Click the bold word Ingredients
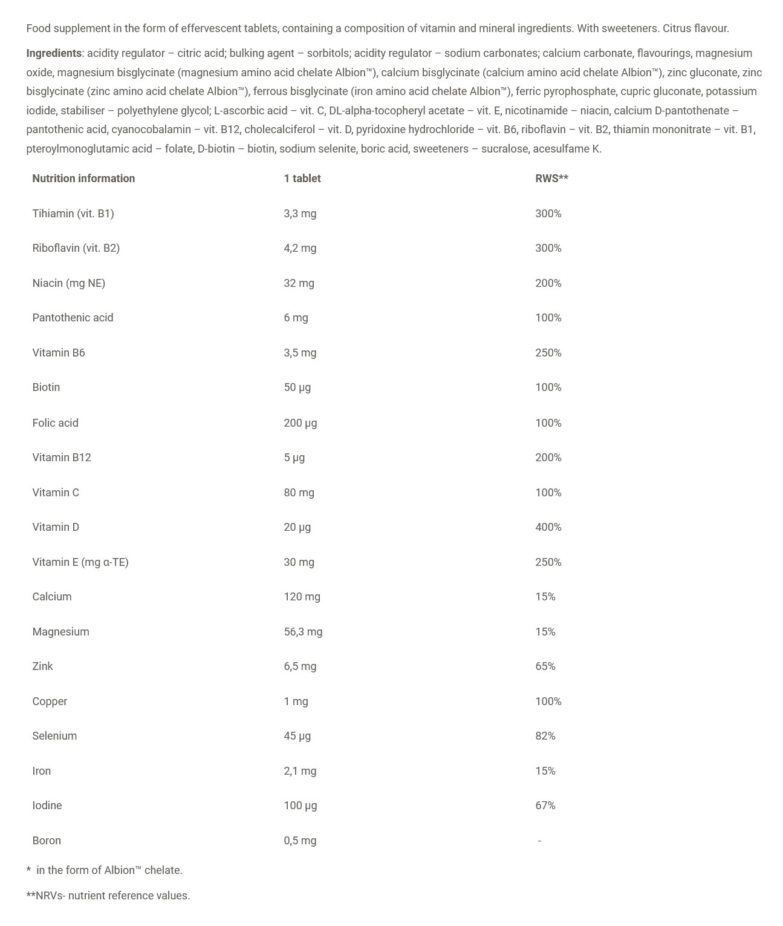pos(54,53)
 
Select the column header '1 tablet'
pos(302,179)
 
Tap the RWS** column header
pos(551,179)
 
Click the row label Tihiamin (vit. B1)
pos(73,214)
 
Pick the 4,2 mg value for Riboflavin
pos(300,248)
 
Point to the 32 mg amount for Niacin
pos(299,283)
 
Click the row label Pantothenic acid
pos(73,318)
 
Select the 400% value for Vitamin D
pos(548,527)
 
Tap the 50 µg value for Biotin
pos(297,387)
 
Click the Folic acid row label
pos(55,423)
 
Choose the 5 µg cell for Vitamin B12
pos(294,458)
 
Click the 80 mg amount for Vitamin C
pos(299,493)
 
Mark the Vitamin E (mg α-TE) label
pos(80,562)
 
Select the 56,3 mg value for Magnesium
pos(303,632)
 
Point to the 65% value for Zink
pos(545,666)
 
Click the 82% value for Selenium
pos(545,736)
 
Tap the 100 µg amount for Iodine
pos(300,806)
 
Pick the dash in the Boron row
pos(539,841)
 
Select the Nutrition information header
pos(83,179)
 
